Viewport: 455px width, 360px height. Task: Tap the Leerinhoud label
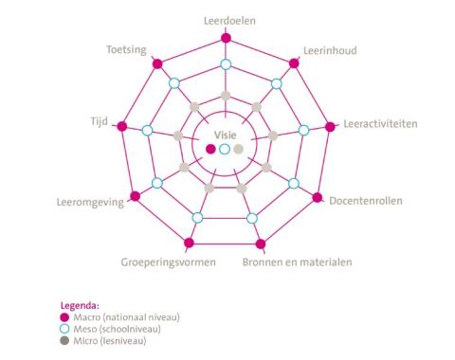click(x=329, y=50)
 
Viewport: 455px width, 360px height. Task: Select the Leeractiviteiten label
click(x=379, y=124)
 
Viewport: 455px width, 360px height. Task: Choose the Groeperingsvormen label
click(x=169, y=261)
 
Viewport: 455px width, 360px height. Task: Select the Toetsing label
click(x=126, y=50)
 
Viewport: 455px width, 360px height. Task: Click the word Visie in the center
click(x=225, y=135)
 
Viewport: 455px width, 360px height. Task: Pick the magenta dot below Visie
click(x=210, y=149)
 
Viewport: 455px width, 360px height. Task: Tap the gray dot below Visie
click(x=239, y=149)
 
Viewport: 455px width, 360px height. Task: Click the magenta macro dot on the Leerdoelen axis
click(x=226, y=38)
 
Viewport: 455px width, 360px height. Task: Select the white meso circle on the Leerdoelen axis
click(x=226, y=64)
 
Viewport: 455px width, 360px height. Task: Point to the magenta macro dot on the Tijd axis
click(x=121, y=127)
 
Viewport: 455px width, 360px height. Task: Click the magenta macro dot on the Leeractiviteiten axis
click(x=330, y=127)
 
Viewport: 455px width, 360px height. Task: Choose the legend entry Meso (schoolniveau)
click(x=114, y=329)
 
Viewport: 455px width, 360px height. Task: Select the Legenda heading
click(x=80, y=306)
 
